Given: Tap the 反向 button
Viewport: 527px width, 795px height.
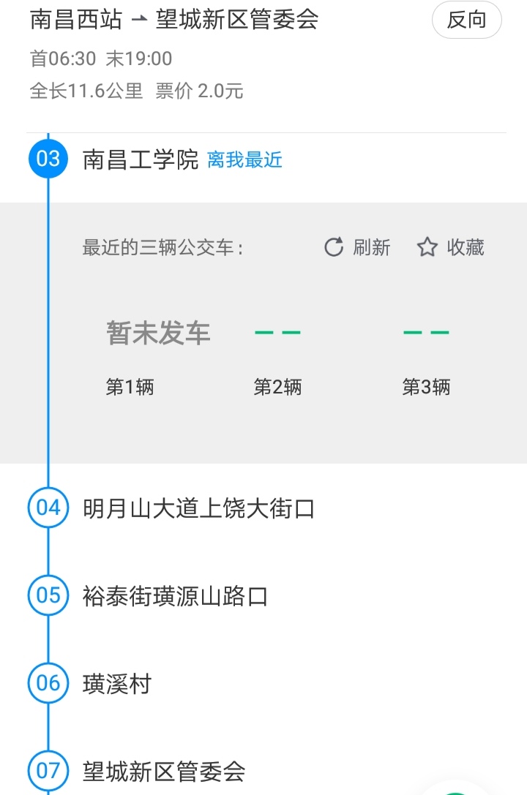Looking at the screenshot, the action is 466,20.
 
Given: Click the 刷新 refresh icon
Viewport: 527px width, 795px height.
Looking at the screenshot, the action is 334,247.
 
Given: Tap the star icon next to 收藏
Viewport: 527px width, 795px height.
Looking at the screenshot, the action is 427,247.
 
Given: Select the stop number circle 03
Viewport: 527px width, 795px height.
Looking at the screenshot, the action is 48,159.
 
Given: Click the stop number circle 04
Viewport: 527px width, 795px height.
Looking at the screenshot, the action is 48,508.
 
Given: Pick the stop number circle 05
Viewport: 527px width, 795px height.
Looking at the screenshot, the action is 48,595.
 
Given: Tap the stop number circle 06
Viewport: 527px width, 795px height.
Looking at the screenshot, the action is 48,683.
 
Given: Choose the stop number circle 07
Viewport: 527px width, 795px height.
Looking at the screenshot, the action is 48,771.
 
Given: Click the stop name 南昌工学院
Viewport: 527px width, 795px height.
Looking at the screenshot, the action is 141,159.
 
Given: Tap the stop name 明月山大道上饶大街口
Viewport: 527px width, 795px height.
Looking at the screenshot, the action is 198,508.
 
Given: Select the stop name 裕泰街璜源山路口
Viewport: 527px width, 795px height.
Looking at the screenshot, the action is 175,596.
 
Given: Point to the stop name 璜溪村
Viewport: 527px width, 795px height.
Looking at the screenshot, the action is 117,684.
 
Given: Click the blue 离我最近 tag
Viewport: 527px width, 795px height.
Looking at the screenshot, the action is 244,160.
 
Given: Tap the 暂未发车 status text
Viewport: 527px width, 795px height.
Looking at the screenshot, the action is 158,334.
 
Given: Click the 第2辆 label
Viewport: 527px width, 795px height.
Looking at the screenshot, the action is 277,387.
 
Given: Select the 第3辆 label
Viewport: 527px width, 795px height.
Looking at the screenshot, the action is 426,387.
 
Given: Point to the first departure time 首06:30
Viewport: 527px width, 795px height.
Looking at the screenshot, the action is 63,59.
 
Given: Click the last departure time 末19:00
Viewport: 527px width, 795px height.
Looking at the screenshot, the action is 139,59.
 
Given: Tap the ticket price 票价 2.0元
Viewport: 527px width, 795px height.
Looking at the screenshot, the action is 199,91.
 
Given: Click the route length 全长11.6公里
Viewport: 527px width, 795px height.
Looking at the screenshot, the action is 86,91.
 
